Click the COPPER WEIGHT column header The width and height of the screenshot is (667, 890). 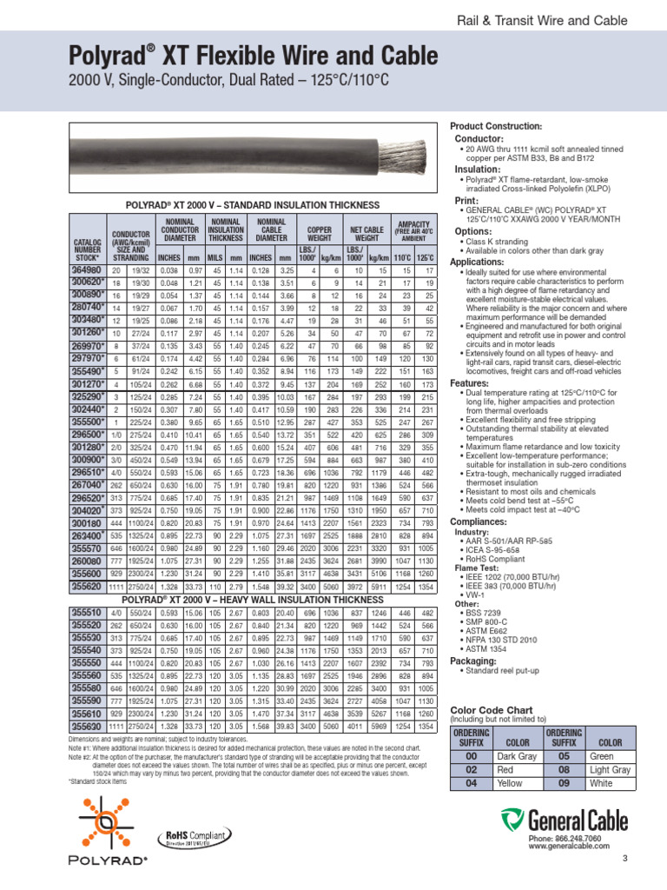click(320, 233)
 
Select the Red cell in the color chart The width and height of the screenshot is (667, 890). click(518, 769)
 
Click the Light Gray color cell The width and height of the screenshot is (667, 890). click(611, 769)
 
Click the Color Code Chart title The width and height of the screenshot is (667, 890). click(490, 709)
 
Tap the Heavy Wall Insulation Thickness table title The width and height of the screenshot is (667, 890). click(252, 600)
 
